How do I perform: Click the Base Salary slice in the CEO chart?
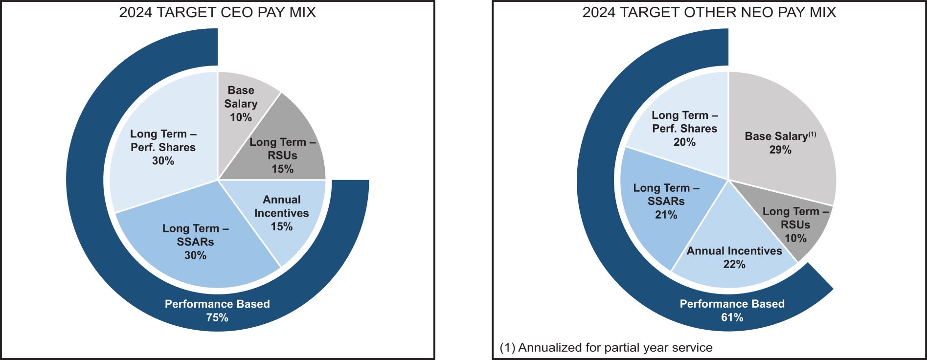pyautogui.click(x=241, y=104)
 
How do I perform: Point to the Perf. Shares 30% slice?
pyautogui.click(x=163, y=147)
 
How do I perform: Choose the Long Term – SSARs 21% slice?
pyautogui.click(x=666, y=201)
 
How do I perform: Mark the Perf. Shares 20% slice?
pyautogui.click(x=685, y=128)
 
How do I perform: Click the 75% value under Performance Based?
pyautogui.click(x=217, y=317)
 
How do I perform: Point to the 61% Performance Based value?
pyautogui.click(x=732, y=317)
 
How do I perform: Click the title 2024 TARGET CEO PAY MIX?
pyautogui.click(x=218, y=12)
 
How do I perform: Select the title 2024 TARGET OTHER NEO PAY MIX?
pyautogui.click(x=709, y=12)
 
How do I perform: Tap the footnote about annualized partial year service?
pyautogui.click(x=606, y=348)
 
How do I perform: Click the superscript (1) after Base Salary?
pyautogui.click(x=812, y=134)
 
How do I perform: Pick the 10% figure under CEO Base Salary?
pyautogui.click(x=241, y=117)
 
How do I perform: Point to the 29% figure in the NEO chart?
pyautogui.click(x=780, y=150)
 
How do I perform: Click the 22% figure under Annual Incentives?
pyautogui.click(x=734, y=265)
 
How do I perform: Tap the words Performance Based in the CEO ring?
pyautogui.click(x=217, y=304)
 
